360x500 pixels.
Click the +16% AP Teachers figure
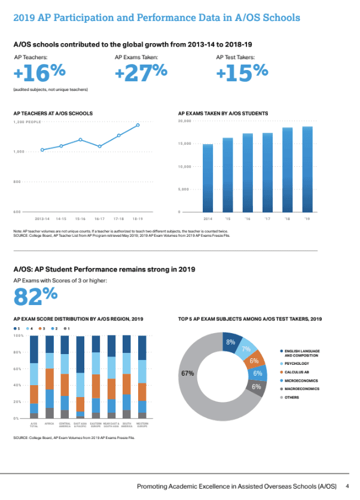[39, 73]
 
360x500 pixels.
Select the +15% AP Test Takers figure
[242, 73]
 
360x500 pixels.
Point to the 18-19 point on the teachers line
[138, 125]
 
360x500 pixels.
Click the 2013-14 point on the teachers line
[42, 150]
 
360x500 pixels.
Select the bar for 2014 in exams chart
[208, 178]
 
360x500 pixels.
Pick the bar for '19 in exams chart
[307, 169]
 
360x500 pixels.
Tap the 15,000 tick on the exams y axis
[184, 144]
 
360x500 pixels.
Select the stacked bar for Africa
[50, 377]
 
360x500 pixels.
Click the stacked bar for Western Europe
[142, 377]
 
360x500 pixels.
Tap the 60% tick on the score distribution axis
[18, 369]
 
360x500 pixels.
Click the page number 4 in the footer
[347, 485]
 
